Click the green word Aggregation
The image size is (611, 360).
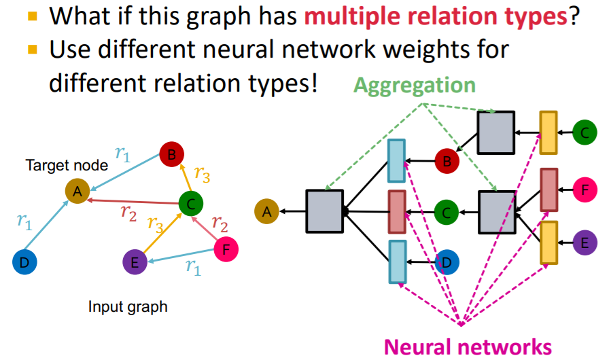(x=415, y=85)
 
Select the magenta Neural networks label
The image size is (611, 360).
(x=468, y=346)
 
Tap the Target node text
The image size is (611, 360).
(x=67, y=165)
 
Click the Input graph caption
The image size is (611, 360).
(x=128, y=306)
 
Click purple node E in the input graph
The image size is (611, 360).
(x=135, y=262)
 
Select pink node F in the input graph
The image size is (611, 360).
(x=226, y=250)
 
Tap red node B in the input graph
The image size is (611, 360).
(x=172, y=156)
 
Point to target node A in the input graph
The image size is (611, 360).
(x=77, y=192)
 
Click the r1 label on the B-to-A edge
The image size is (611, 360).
(x=123, y=154)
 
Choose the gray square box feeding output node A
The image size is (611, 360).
(x=324, y=212)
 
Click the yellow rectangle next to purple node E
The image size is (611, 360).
(x=549, y=242)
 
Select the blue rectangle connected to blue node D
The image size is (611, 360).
(x=397, y=261)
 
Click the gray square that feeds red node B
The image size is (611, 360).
(x=495, y=132)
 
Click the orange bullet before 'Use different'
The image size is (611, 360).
(x=30, y=50)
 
